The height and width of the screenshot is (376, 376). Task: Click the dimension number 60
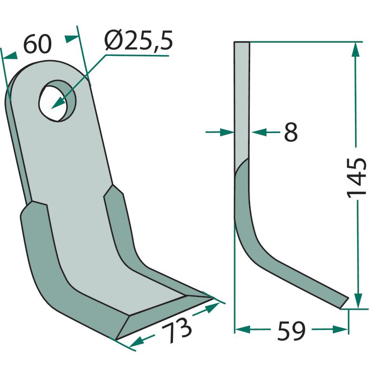38,44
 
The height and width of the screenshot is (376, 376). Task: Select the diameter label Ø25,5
139,40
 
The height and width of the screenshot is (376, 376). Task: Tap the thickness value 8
290,132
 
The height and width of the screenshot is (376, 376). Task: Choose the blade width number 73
177,330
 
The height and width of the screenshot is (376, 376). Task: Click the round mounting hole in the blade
57,101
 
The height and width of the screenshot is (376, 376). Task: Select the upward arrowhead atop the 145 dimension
355,50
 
